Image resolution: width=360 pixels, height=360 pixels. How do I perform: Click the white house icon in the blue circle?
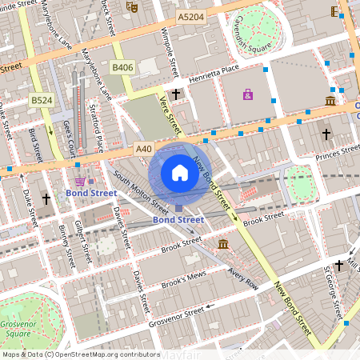point(180,173)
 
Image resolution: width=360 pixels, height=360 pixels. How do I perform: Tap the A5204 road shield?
point(190,17)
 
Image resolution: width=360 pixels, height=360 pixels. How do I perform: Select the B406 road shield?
point(122,68)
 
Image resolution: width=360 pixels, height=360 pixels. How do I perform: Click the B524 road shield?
point(42,100)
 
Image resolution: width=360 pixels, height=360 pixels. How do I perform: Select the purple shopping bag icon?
point(247,95)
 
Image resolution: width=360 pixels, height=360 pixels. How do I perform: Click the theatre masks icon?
point(133,7)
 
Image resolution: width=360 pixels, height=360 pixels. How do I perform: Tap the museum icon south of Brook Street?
point(222,243)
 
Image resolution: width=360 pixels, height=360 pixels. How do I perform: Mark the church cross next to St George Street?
point(339,265)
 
